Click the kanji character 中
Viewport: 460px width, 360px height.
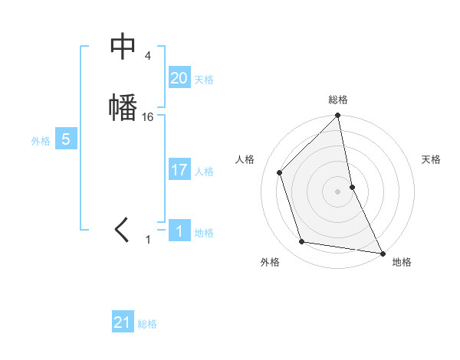123,48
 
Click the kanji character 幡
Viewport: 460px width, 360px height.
123,106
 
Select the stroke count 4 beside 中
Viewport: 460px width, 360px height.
147,56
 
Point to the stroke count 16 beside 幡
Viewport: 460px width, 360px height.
148,117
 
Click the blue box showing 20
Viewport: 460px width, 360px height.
179,78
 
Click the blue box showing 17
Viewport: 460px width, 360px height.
179,170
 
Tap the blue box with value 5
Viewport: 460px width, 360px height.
65,139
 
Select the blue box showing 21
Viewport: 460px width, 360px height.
123,322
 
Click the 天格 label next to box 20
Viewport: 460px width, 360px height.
204,80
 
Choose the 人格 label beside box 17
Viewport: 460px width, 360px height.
204,172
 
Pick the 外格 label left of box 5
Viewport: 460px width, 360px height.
41,141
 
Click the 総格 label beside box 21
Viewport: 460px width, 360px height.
147,324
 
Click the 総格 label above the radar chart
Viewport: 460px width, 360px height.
338,100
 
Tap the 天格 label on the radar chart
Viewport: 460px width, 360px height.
431,159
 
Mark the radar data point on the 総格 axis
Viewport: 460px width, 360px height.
338,116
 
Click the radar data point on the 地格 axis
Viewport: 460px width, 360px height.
382,253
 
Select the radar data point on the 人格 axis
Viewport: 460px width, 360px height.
280,172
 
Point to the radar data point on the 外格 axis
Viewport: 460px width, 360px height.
302,242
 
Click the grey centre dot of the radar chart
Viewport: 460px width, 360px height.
338,191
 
